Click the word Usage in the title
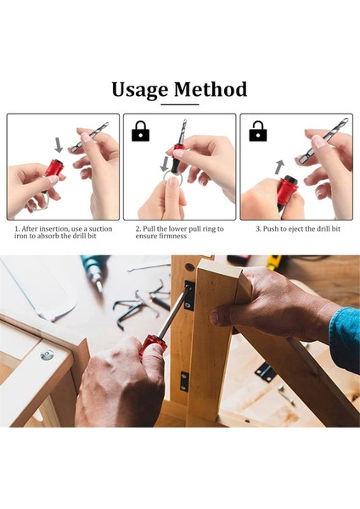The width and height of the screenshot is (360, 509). pyautogui.click(x=140, y=89)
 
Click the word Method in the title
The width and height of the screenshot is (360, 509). pyautogui.click(x=211, y=89)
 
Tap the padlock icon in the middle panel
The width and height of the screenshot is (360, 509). pyautogui.click(x=141, y=131)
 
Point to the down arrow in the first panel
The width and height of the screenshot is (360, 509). pyautogui.click(x=59, y=144)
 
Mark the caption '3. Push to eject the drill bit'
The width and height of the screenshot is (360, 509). pyautogui.click(x=297, y=228)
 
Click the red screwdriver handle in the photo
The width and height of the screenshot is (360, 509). pyautogui.click(x=153, y=348)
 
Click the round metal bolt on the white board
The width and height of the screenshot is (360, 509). pyautogui.click(x=46, y=355)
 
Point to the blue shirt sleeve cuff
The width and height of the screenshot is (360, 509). pyautogui.click(x=343, y=339)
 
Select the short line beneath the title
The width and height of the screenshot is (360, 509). pyautogui.click(x=179, y=104)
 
